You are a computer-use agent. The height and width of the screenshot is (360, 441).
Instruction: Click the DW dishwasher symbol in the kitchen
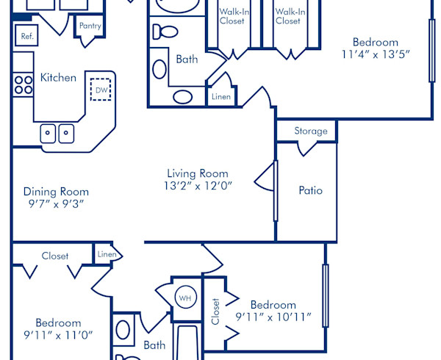101,89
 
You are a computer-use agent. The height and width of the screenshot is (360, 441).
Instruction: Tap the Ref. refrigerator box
27,36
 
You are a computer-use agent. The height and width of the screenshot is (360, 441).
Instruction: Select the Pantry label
90,26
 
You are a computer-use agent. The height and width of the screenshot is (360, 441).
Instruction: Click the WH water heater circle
185,298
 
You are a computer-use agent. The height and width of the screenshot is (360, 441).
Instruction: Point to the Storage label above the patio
310,132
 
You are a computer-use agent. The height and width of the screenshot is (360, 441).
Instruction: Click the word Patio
310,190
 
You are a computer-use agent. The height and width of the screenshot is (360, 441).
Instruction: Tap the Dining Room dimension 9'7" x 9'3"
53,204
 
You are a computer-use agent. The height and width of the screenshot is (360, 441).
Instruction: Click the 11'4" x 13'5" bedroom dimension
375,54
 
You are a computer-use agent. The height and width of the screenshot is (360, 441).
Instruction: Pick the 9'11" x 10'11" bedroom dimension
273,318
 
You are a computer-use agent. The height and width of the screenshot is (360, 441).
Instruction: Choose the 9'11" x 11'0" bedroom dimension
58,336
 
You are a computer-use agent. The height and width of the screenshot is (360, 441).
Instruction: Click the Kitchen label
58,77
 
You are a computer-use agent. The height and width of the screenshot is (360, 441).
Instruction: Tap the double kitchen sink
57,134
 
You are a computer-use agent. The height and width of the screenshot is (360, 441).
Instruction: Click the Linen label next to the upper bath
221,96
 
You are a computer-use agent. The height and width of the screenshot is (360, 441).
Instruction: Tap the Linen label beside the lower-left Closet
106,254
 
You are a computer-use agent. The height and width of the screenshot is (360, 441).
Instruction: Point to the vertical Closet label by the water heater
215,312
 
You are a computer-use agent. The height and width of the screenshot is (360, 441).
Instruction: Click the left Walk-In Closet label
232,16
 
